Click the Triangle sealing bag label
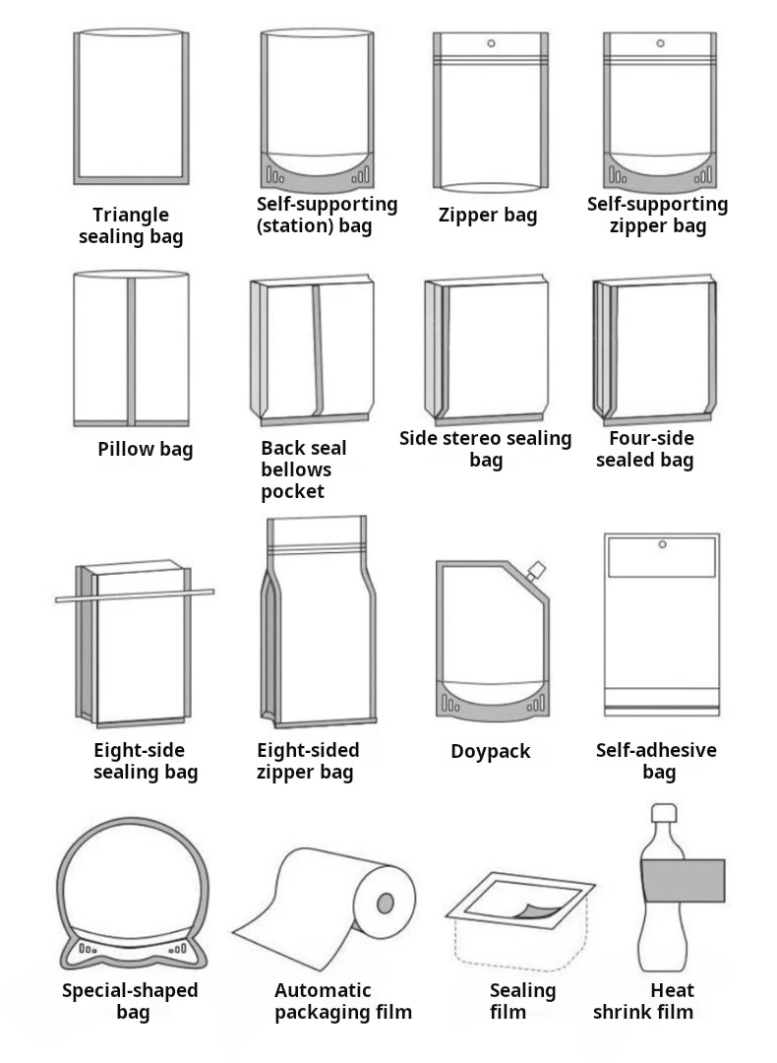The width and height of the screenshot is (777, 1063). [x=131, y=225]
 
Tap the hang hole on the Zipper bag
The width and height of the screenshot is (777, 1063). [x=490, y=43]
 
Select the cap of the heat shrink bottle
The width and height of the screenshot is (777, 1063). [x=665, y=814]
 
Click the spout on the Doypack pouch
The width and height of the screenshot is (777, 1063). [x=536, y=570]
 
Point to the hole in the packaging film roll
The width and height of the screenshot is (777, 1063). [x=386, y=903]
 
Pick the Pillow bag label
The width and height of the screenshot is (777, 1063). [x=146, y=450]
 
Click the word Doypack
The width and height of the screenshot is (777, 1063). [x=490, y=751]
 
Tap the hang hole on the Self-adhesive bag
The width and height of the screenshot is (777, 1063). [x=661, y=543]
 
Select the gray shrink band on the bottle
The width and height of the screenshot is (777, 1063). [x=683, y=880]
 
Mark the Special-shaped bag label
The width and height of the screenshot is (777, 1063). [x=131, y=1001]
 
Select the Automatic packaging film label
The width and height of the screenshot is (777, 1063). [x=342, y=1001]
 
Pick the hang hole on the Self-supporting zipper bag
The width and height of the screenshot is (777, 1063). [x=660, y=43]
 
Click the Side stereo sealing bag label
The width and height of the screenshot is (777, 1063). [x=485, y=449]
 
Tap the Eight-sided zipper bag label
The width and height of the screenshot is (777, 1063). [x=308, y=761]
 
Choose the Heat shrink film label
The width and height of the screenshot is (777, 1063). [x=645, y=1001]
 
